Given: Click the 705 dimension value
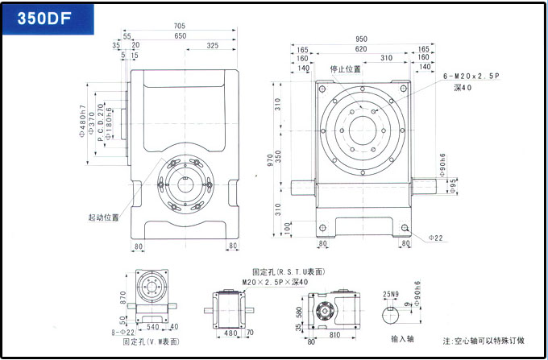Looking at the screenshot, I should (190, 26).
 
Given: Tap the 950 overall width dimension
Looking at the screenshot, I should (362, 39).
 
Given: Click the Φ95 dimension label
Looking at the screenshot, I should (454, 188).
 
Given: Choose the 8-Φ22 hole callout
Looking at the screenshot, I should (122, 331).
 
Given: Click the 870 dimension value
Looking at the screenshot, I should (123, 298).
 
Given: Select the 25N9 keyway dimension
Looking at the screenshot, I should (392, 294).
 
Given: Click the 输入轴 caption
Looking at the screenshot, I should (401, 339).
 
